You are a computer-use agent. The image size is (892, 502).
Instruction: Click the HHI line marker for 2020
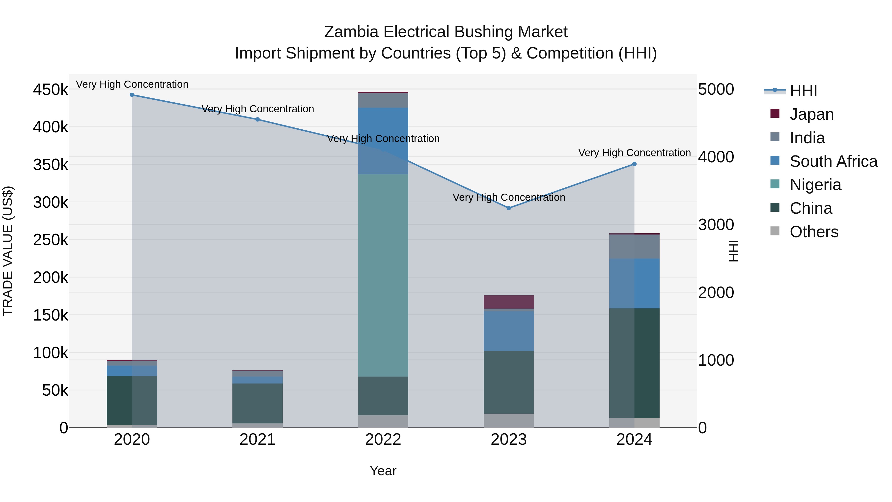(x=132, y=95)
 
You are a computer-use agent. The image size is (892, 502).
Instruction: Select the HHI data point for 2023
(x=509, y=208)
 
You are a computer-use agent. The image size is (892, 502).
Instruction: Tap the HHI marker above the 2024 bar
(x=634, y=164)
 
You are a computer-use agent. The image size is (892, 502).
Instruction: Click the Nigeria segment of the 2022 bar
(x=383, y=275)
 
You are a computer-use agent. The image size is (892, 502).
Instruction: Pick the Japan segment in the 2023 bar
(x=509, y=302)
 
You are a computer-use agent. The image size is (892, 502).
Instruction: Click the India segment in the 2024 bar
(x=634, y=246)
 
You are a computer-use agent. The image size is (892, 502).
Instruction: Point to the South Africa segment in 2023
(x=509, y=331)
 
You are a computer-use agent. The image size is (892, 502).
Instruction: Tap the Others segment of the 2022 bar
(x=383, y=421)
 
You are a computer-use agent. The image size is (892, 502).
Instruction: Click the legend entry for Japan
(x=811, y=114)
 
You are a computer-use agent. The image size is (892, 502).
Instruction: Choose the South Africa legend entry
(x=833, y=161)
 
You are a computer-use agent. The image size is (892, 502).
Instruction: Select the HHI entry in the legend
(x=803, y=91)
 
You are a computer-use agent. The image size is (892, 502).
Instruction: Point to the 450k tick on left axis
(x=51, y=90)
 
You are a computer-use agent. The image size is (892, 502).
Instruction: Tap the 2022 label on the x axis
(x=383, y=440)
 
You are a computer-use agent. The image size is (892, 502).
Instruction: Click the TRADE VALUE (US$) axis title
(x=8, y=251)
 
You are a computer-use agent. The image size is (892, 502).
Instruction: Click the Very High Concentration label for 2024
(x=634, y=153)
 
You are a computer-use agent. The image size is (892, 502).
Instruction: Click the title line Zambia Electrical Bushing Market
(x=446, y=32)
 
